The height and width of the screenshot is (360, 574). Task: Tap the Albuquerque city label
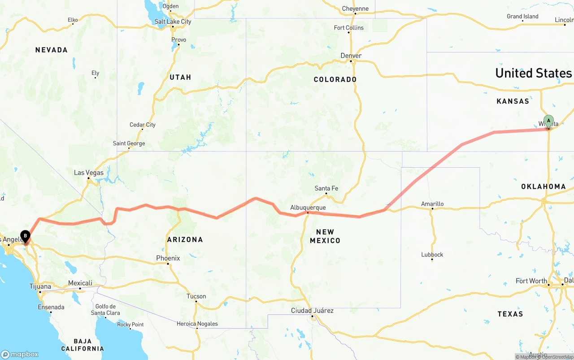click(x=308, y=208)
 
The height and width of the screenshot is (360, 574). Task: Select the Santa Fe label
click(x=326, y=188)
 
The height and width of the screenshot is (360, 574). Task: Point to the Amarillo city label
click(x=432, y=204)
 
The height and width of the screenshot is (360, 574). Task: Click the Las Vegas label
click(x=88, y=173)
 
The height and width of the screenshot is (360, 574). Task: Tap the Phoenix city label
click(x=168, y=258)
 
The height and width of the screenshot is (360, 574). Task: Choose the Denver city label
click(x=351, y=56)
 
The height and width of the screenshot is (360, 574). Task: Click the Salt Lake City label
click(x=173, y=22)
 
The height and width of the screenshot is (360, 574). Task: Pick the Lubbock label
click(x=432, y=255)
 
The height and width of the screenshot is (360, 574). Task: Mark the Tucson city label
click(x=196, y=296)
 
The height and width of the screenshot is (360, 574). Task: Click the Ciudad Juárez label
click(x=312, y=311)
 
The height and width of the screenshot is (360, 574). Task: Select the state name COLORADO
click(x=335, y=79)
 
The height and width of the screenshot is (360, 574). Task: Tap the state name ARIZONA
click(x=185, y=239)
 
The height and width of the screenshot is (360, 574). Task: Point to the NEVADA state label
click(x=52, y=50)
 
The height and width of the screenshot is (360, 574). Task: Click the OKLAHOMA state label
click(x=543, y=187)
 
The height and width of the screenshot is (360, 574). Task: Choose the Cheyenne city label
click(x=355, y=9)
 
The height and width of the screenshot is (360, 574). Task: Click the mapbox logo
click(x=20, y=354)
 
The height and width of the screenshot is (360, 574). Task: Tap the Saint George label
click(x=129, y=143)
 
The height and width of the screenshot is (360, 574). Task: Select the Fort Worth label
click(x=531, y=281)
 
